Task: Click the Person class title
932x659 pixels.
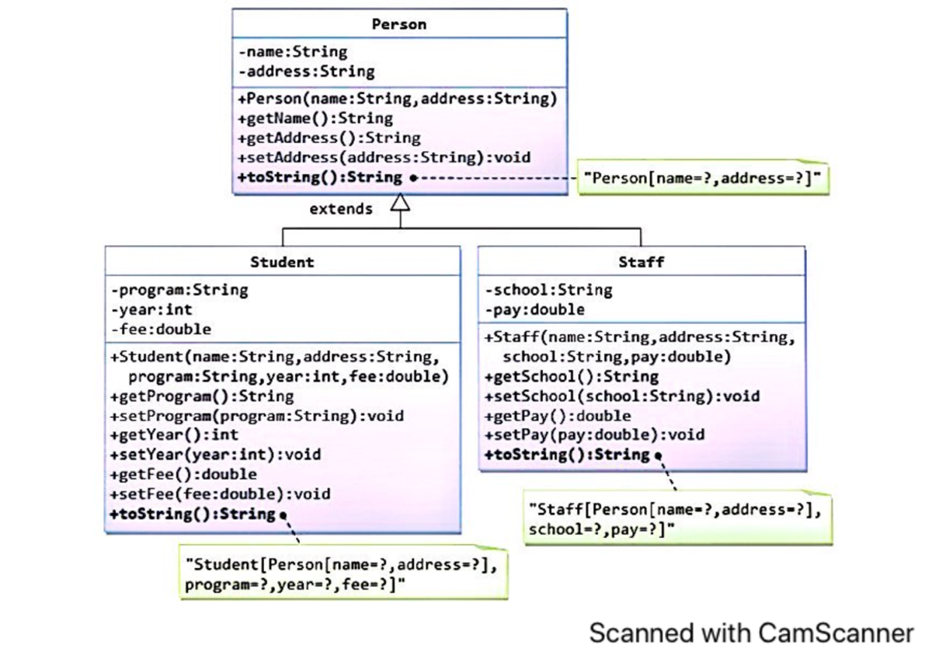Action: click(x=398, y=24)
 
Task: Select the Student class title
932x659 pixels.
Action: click(x=282, y=262)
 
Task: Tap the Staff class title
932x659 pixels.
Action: click(x=641, y=262)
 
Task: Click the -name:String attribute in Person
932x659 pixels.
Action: click(x=293, y=52)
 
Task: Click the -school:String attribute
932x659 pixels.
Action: click(x=548, y=290)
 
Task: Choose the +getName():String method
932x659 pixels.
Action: click(x=315, y=118)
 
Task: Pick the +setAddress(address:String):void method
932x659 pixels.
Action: click(x=384, y=157)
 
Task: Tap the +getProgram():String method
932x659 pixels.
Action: click(x=202, y=396)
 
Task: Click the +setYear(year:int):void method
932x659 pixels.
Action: click(x=215, y=455)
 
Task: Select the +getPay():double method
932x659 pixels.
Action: click(x=557, y=416)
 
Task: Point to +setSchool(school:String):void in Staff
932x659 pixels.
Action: click(x=621, y=396)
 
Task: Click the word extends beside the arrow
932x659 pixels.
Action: click(x=341, y=208)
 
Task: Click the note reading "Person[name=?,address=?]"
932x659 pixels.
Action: click(x=703, y=178)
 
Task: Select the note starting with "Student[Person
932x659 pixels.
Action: click(x=342, y=574)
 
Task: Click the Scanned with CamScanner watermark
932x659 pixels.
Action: click(x=751, y=633)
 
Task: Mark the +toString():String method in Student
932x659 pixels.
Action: click(x=193, y=514)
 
